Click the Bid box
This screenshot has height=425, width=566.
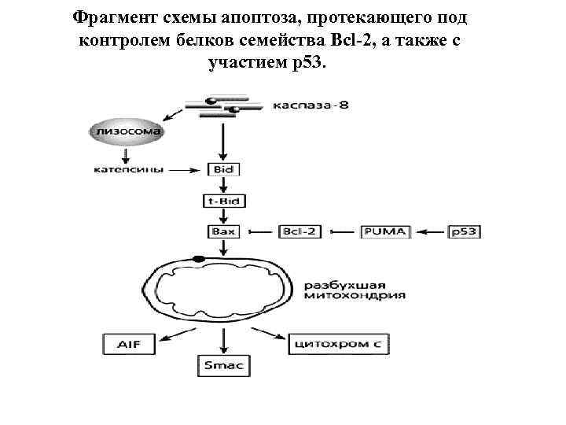coord(224,169)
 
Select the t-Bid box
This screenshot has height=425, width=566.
coord(224,201)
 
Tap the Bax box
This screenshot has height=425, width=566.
coord(224,232)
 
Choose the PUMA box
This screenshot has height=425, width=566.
coord(385,232)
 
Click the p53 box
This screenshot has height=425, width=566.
coord(464,232)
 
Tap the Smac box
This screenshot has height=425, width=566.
coord(224,364)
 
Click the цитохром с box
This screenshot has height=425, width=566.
coord(339,343)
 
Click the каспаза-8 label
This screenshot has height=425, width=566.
coord(311,105)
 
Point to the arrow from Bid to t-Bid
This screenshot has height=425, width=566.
coord(224,185)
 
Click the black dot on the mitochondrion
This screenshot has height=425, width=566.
coord(199,258)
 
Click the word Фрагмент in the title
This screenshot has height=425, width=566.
coord(110,17)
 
